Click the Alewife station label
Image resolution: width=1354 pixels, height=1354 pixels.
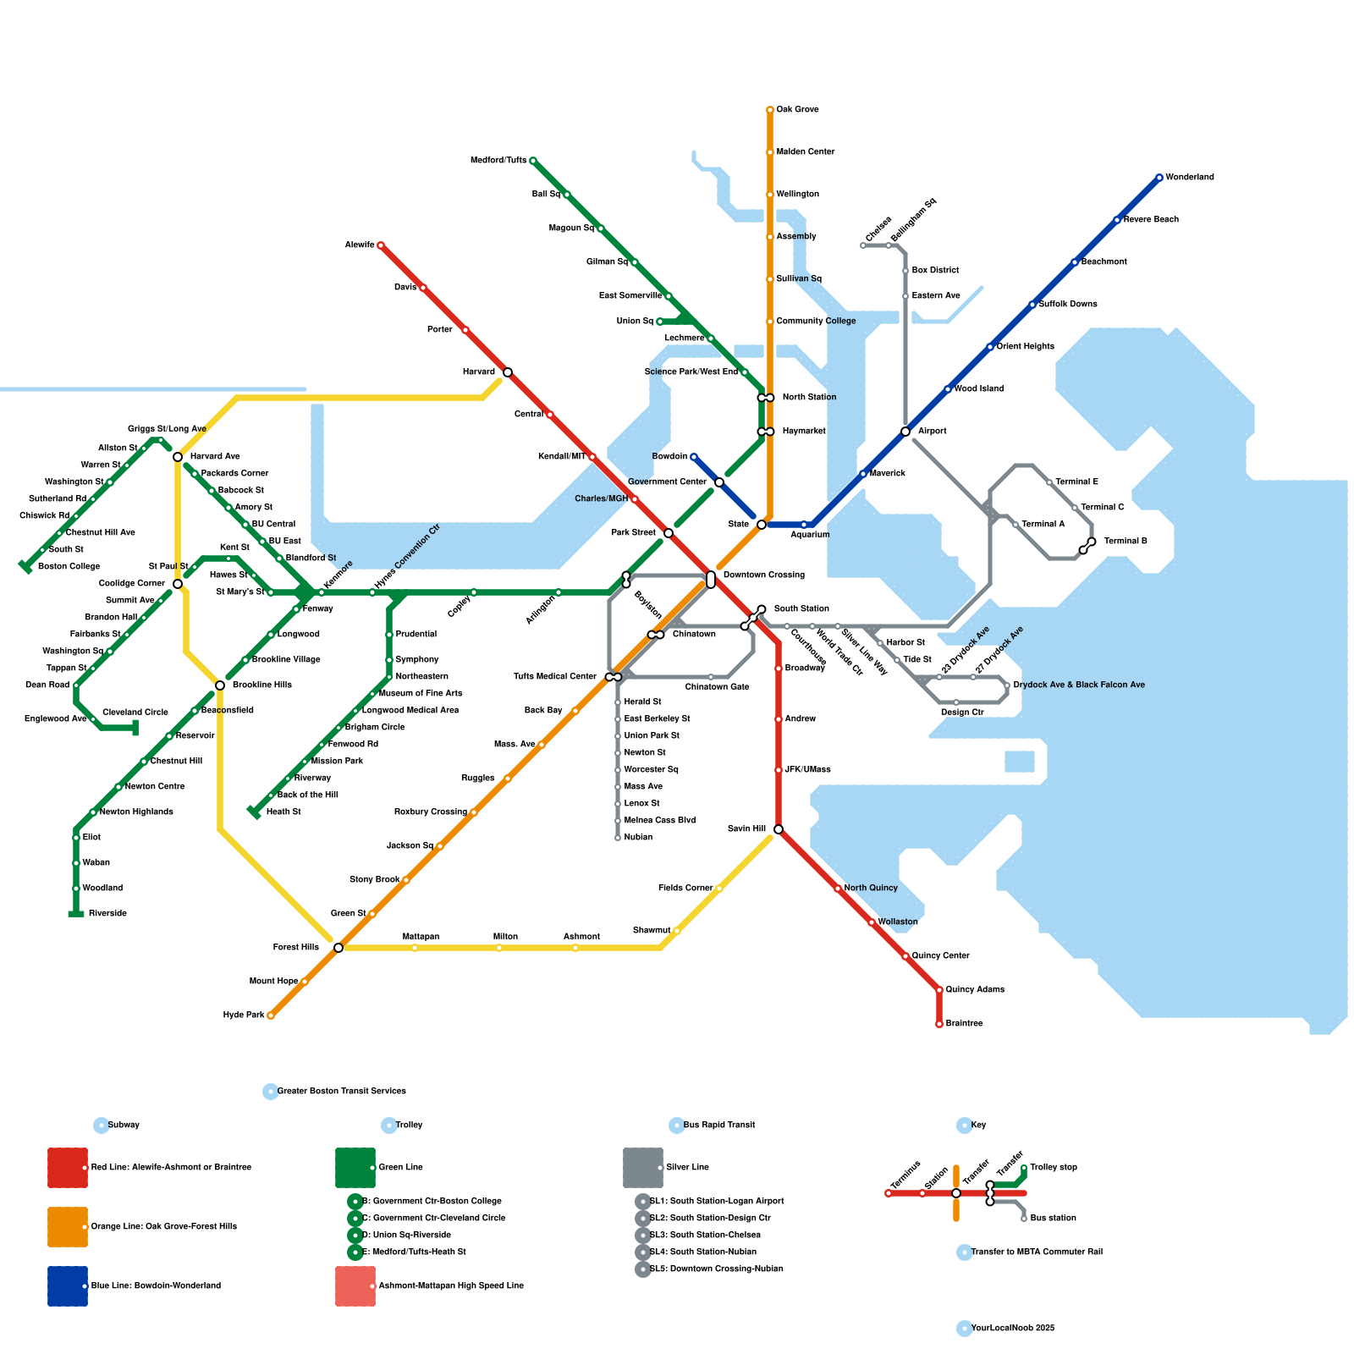[x=359, y=245]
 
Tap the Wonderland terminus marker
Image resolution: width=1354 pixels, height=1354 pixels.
[x=1159, y=178]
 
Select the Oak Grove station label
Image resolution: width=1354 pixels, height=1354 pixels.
[x=797, y=110]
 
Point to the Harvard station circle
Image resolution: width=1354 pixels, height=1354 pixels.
[x=508, y=372]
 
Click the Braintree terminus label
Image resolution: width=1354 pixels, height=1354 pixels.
[x=964, y=1024]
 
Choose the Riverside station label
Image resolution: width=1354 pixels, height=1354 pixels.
[x=107, y=914]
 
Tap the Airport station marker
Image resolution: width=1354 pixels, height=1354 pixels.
[x=905, y=432]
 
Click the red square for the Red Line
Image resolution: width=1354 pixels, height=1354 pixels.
[x=68, y=1168]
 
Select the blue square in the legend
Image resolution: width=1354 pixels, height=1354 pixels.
[x=68, y=1286]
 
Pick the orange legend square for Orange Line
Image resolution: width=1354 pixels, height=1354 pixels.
[x=68, y=1227]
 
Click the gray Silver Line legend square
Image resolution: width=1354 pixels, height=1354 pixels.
[x=643, y=1168]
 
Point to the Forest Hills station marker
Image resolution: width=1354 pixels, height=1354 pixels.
[x=338, y=948]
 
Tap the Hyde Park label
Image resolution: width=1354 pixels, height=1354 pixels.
[x=244, y=1015]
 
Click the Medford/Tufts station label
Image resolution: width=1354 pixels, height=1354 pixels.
[x=498, y=161]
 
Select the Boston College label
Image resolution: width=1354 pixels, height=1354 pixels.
[x=69, y=567]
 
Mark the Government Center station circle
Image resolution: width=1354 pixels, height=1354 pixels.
[x=719, y=482]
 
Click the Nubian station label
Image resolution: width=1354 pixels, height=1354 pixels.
[x=638, y=838]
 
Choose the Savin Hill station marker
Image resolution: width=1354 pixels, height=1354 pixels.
[x=779, y=829]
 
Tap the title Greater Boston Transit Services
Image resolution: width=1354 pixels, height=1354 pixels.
[x=342, y=1092]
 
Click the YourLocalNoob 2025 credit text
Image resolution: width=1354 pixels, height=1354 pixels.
[x=1012, y=1329]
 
